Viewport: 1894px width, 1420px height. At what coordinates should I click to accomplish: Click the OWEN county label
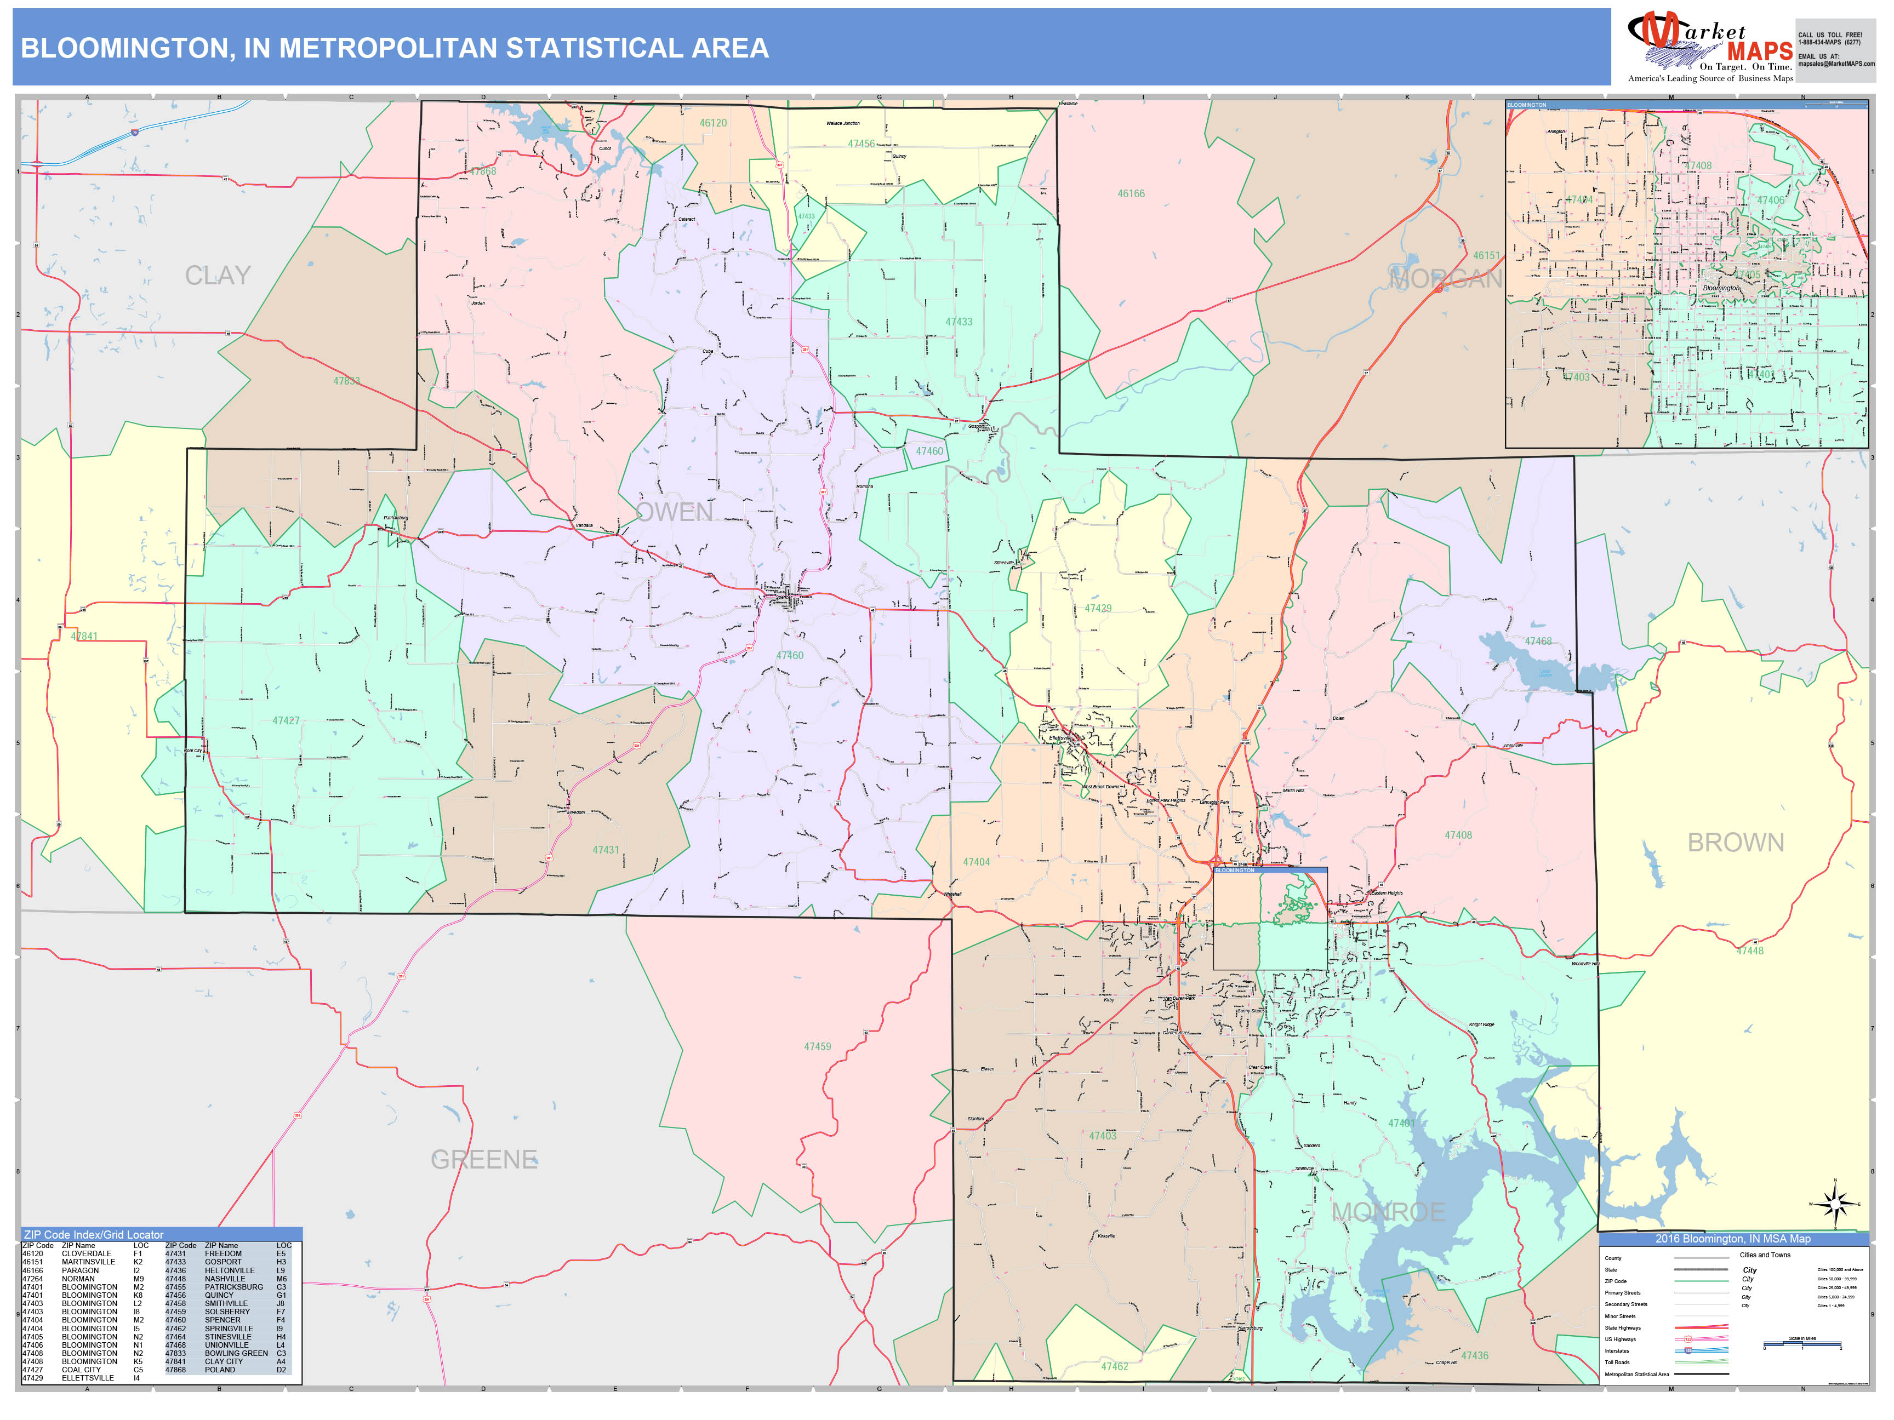(x=675, y=512)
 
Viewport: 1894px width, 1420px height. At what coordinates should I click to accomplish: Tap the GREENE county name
(x=484, y=1160)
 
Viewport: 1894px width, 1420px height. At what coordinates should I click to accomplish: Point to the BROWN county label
(x=1736, y=842)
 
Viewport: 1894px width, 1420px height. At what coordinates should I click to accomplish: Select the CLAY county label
(x=218, y=276)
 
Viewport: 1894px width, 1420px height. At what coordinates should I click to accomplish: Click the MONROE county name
(x=1388, y=1212)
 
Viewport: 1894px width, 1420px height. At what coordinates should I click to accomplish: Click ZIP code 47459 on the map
(x=817, y=1046)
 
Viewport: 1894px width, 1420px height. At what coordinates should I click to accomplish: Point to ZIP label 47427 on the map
(x=286, y=721)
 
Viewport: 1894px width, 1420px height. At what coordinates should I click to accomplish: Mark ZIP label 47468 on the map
(x=1538, y=641)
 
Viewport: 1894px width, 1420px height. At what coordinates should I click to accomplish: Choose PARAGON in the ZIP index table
(x=79, y=1270)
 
